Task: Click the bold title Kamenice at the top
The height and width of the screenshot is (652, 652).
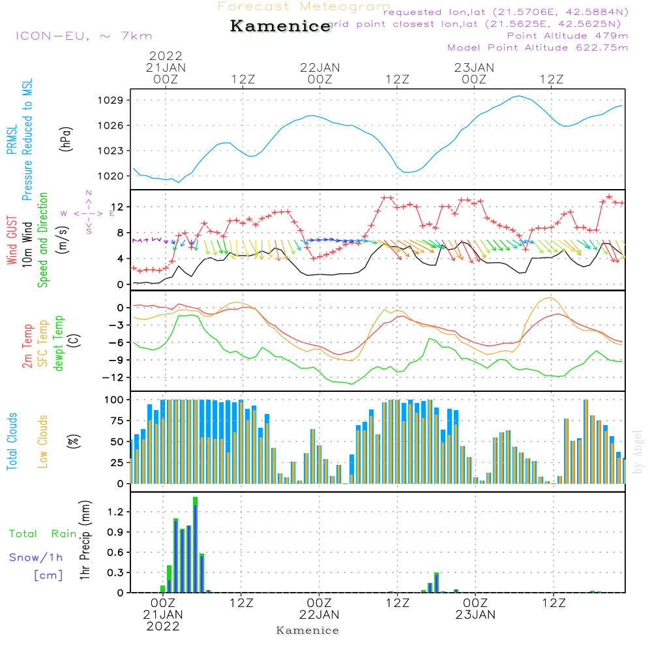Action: (x=280, y=27)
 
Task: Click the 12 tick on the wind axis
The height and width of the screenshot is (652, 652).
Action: (x=118, y=207)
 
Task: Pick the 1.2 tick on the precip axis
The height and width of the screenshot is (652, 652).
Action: (x=115, y=512)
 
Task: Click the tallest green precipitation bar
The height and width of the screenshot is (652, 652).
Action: (x=195, y=544)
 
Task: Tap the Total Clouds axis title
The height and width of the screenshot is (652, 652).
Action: (x=12, y=441)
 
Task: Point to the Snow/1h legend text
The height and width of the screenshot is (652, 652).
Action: (x=37, y=557)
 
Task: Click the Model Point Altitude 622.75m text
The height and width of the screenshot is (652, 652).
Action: (x=538, y=48)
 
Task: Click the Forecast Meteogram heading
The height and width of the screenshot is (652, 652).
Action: (x=304, y=7)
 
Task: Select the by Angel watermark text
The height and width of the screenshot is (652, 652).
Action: (x=638, y=452)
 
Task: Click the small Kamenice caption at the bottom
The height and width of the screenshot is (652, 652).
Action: (x=308, y=630)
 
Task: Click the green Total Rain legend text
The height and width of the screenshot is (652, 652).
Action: (x=42, y=534)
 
